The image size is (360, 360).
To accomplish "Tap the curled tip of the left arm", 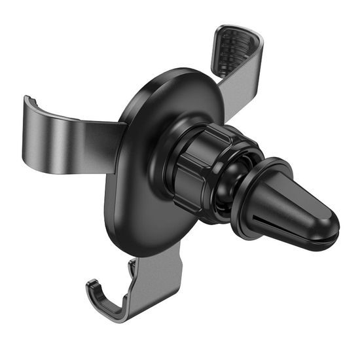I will pyautogui.click(x=29, y=108).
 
